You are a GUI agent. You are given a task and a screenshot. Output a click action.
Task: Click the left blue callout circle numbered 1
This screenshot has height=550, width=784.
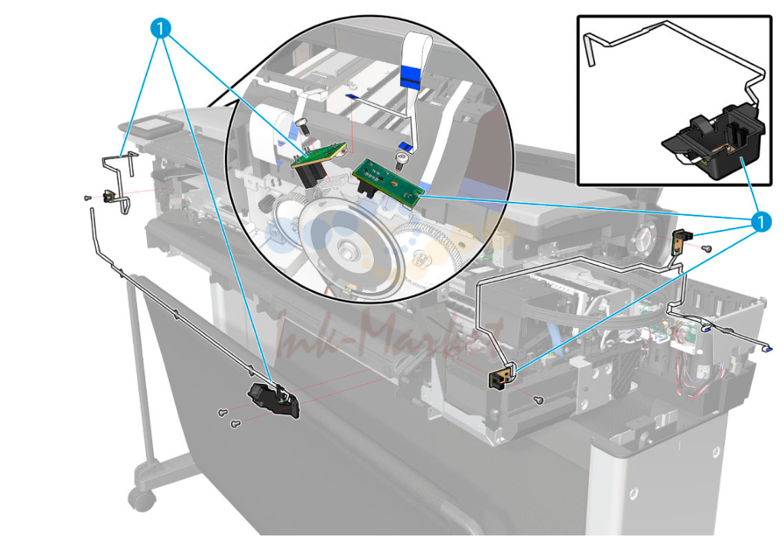pyautogui.click(x=160, y=28)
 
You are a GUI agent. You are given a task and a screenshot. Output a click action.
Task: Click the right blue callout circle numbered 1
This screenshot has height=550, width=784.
pyautogui.click(x=760, y=221)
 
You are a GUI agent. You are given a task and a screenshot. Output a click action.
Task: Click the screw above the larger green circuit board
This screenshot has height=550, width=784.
pyautogui.click(x=401, y=161)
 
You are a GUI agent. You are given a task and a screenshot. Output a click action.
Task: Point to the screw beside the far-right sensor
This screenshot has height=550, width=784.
pyautogui.click(x=707, y=248)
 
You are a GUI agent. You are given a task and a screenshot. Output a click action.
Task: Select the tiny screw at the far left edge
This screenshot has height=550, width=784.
pyautogui.click(x=87, y=198)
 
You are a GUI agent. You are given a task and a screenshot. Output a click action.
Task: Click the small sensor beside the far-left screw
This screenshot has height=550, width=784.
pyautogui.click(x=109, y=197)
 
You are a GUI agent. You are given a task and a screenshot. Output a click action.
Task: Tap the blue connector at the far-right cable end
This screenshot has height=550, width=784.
pyautogui.click(x=769, y=349)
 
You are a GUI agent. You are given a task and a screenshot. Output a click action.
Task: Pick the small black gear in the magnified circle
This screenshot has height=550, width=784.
pyautogui.click(x=265, y=204)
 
